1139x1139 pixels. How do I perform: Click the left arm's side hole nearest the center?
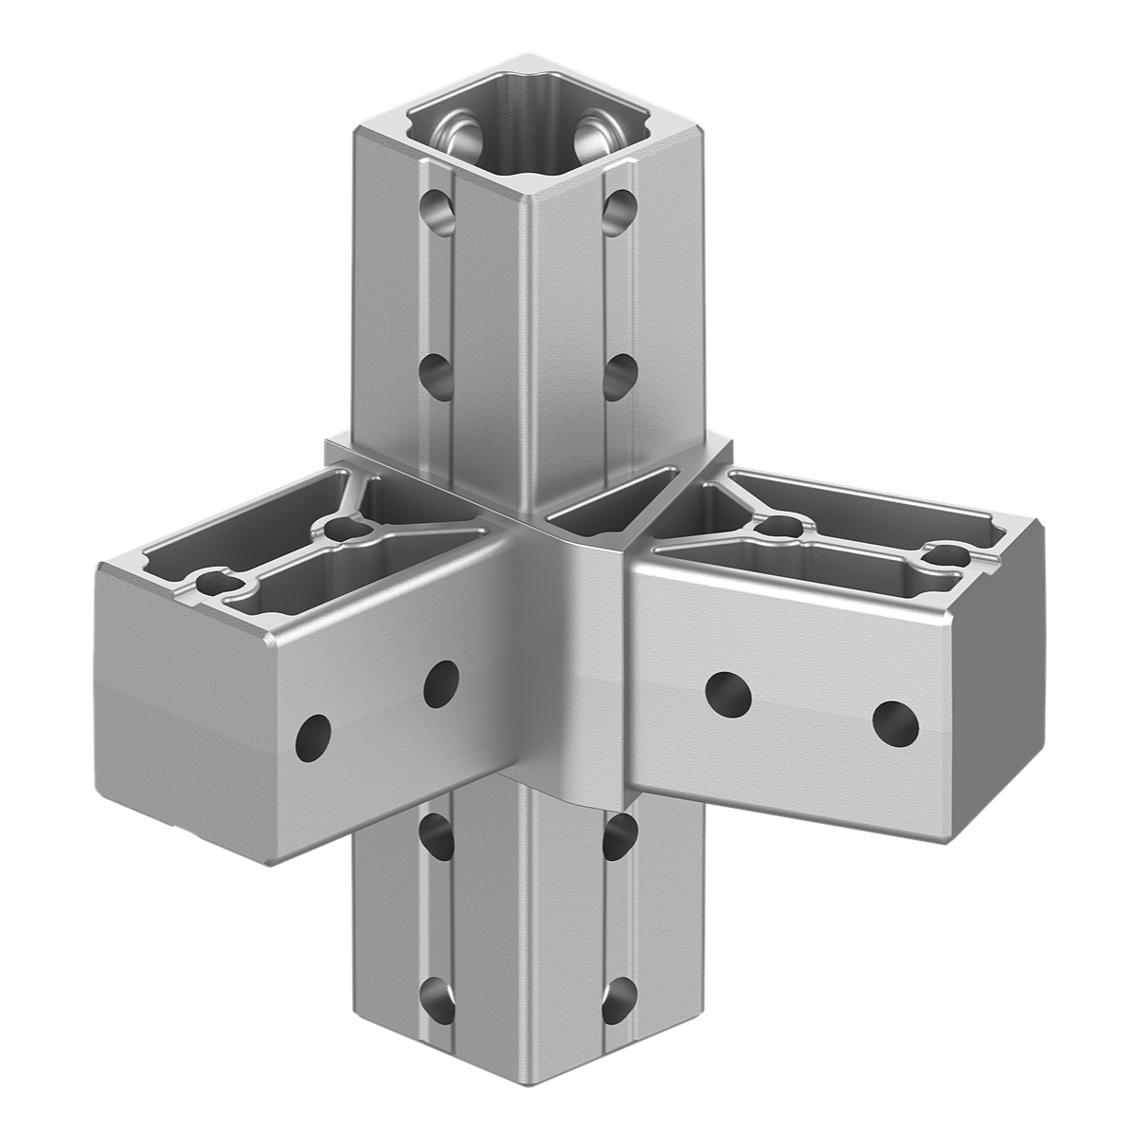tap(440, 682)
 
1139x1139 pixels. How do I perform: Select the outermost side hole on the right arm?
tap(895, 723)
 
